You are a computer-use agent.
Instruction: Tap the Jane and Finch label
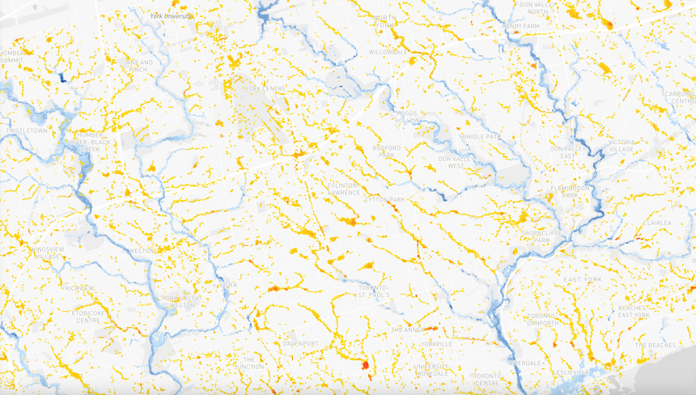click(x=134, y=66)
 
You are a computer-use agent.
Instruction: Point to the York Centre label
click(x=265, y=87)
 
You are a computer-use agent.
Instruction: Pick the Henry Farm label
click(x=520, y=26)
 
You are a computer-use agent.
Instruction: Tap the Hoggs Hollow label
click(x=408, y=117)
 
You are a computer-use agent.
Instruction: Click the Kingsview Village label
click(x=36, y=253)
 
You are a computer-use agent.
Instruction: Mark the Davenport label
click(x=300, y=343)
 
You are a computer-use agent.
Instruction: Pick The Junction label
click(x=248, y=363)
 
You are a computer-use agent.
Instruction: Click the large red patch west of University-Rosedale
click(x=364, y=364)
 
